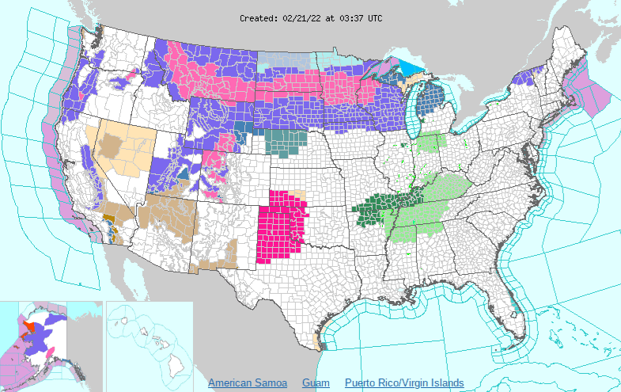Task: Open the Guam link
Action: click(316, 383)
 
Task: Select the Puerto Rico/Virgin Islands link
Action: click(403, 383)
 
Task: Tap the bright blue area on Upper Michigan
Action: click(413, 66)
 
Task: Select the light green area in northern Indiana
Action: click(431, 143)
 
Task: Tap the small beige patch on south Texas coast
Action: click(318, 343)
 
